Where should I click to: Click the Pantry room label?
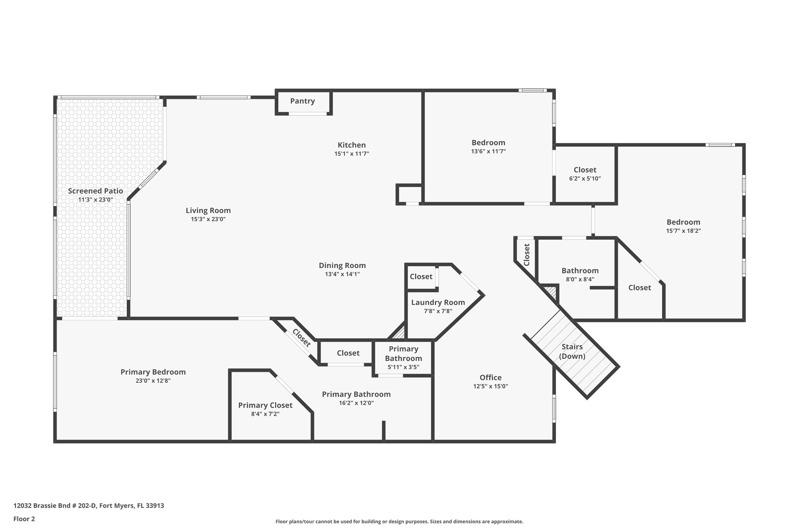coord(302,101)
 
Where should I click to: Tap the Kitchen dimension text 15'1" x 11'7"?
coord(352,154)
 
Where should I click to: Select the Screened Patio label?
coord(95,191)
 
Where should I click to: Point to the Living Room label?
coord(208,210)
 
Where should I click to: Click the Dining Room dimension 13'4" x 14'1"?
coord(342,274)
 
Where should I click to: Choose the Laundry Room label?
coord(438,302)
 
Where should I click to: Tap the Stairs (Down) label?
coord(572,351)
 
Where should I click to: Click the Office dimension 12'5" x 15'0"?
coord(490,386)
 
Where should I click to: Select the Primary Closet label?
coord(265,405)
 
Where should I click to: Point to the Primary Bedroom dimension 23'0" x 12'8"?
coord(153,381)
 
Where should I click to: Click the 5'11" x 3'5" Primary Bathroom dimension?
coord(403,367)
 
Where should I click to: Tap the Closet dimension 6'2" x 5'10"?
coord(585,179)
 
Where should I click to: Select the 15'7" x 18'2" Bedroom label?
coord(683,222)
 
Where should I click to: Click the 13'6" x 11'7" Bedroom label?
coord(488,143)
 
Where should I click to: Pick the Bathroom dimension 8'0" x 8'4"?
coord(580,279)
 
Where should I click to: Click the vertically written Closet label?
coord(527,255)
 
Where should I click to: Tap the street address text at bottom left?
coord(89,506)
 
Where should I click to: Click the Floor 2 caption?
coord(24,519)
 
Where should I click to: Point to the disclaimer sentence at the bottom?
coord(399,521)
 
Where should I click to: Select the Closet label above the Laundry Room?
coord(421,277)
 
